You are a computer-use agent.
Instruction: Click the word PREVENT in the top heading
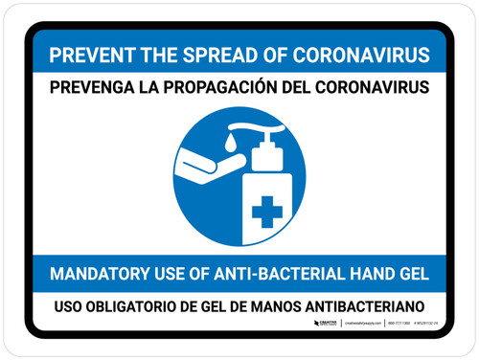(x=86, y=55)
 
